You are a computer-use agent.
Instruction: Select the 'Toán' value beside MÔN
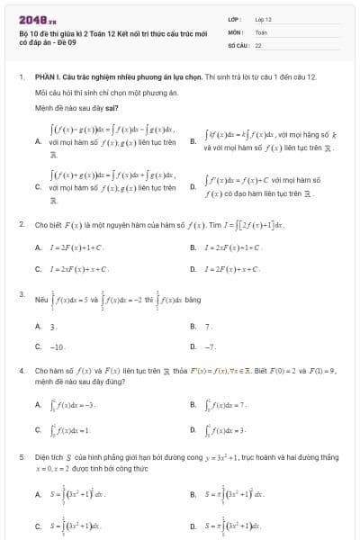click(x=261, y=31)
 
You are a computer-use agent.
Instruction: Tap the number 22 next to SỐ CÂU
click(x=258, y=44)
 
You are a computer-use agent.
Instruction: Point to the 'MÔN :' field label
click(x=235, y=31)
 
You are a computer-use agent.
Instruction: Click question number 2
click(x=21, y=223)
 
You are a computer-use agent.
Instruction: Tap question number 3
click(x=21, y=293)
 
